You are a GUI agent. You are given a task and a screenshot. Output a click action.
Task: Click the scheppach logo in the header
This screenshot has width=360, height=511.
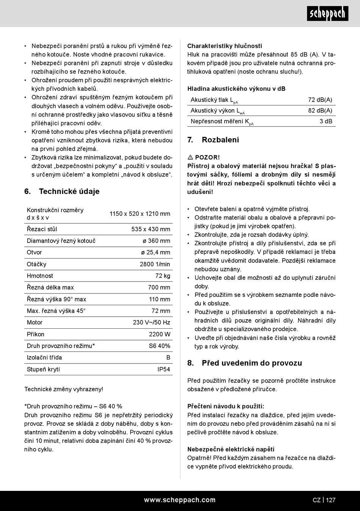pos(327,14)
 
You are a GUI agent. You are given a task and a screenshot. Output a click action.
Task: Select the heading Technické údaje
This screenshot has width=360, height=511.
pos(69,191)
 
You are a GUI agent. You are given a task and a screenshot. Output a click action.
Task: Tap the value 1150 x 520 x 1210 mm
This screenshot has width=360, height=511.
pos(140,214)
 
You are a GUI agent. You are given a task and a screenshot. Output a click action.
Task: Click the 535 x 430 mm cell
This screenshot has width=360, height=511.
pos(151,229)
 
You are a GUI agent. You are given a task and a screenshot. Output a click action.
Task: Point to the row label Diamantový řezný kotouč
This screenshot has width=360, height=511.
pos(61,241)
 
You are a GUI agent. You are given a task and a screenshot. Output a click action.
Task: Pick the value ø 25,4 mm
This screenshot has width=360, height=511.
pos(156,252)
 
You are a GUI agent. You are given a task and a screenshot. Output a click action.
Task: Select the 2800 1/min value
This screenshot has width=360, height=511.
pos(155,264)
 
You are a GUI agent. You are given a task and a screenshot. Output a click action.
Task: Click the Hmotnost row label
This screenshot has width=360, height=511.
pos(40,276)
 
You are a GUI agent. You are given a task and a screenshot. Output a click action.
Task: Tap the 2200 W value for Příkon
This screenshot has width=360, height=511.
pos(160,334)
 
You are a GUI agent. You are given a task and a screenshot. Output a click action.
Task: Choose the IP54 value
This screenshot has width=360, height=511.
pos(164,369)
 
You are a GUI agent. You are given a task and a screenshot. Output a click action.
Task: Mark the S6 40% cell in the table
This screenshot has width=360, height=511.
pos(160,346)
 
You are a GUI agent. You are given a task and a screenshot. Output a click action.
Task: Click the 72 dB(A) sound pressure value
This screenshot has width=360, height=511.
pos(320,100)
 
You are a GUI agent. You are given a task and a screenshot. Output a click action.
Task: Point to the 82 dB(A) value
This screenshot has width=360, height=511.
pos(320,111)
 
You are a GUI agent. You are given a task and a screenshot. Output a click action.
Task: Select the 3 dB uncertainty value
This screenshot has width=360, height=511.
pos(326,121)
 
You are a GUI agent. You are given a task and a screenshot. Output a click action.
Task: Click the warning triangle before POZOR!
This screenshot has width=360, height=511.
pos(190,157)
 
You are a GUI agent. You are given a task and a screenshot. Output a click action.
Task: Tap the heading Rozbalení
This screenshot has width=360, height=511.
pos(220,140)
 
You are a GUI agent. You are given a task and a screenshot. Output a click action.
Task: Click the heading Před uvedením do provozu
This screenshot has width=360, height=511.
pos(252,363)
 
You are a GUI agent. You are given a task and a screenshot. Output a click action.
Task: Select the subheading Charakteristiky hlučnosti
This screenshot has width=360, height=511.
pos(224,46)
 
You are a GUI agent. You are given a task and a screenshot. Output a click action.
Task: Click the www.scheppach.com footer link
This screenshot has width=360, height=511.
pos(180,500)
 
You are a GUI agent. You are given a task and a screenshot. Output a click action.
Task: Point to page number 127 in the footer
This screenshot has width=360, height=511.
pos(330,500)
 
